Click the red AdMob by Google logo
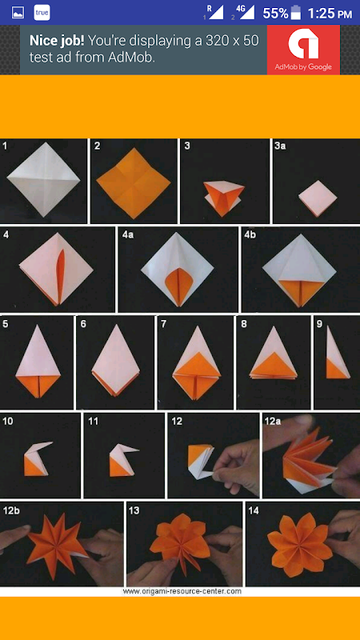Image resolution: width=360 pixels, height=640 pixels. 303,50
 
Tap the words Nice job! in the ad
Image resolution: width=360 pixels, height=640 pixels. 57,41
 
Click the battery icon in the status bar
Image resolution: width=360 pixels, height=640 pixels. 295,13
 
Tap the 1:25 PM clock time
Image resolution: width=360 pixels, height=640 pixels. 330,14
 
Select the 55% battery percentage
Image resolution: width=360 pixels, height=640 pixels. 275,13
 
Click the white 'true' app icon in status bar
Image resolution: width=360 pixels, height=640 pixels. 42,13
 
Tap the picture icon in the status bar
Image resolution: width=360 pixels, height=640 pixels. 18,13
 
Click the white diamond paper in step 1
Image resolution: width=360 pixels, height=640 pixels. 43,179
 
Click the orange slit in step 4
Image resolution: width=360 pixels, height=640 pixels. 61,276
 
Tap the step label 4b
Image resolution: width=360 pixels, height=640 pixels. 250,235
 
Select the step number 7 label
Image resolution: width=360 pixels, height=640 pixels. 164,325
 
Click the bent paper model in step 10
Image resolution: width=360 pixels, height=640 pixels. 37,458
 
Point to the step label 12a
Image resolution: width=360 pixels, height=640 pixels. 272,422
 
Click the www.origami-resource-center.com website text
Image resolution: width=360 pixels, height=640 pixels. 182,591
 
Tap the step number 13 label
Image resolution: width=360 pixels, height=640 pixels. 134,510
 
